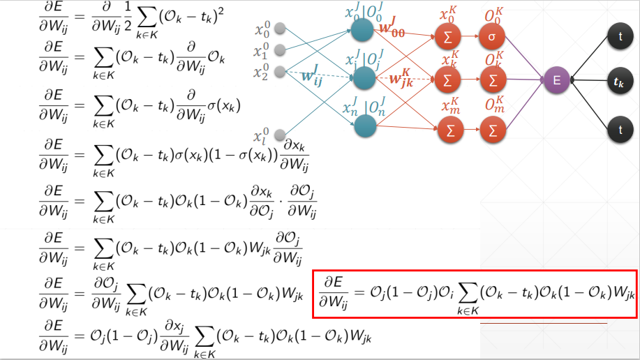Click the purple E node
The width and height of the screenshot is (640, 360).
click(556, 80)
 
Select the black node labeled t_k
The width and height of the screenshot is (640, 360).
click(618, 82)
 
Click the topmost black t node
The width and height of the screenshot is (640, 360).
click(618, 37)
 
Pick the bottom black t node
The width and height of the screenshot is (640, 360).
click(618, 130)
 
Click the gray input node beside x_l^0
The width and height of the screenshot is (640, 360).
click(281, 135)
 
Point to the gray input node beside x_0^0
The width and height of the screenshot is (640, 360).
click(281, 29)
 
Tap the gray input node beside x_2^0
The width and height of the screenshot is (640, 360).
click(281, 70)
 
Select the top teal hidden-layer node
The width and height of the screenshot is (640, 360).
click(362, 30)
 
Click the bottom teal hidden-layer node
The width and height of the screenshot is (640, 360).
click(364, 126)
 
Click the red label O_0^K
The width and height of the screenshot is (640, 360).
click(493, 15)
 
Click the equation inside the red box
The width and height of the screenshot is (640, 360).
click(475, 294)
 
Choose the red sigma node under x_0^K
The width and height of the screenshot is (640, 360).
click(447, 36)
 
